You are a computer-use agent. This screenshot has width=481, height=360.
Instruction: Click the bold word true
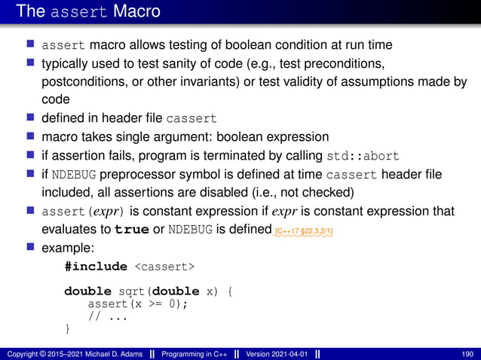point(125,230)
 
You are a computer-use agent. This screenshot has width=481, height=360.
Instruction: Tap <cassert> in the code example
point(165,266)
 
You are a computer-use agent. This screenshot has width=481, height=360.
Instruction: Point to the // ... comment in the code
point(107,316)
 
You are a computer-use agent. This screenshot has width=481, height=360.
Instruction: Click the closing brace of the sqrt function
point(68,328)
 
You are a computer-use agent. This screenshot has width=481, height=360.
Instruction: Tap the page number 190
point(467,354)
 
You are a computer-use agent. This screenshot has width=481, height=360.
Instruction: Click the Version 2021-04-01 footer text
point(277,354)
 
